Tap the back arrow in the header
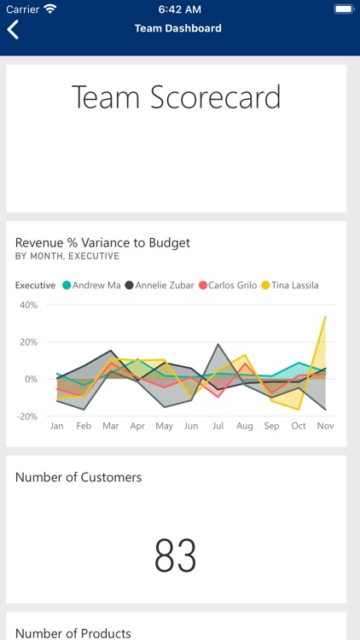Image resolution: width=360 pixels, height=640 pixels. [x=14, y=29]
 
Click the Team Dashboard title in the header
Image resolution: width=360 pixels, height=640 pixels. [x=177, y=28]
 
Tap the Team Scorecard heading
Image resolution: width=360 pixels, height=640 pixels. [x=176, y=97]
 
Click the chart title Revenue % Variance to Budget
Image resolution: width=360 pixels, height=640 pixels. [x=102, y=242]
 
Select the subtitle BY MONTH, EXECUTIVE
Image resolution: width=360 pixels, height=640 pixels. [x=67, y=256]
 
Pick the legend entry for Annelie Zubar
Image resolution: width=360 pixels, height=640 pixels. [x=160, y=285]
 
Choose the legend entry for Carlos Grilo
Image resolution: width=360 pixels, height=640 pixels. [x=227, y=285]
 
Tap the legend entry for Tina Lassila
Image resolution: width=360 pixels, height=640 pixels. [x=289, y=285]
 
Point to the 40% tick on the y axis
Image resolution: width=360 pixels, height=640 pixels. [x=28, y=305]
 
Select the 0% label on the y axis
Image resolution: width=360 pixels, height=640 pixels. [x=31, y=379]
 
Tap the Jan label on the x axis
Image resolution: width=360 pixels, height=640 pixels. [x=57, y=426]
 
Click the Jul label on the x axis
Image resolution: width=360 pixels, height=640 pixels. [x=218, y=426]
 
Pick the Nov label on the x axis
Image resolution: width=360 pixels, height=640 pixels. [x=325, y=426]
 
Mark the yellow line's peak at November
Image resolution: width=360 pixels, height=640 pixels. [x=325, y=317]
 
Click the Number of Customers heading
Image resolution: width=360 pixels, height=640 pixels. [x=78, y=477]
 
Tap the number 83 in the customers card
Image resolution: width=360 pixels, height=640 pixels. [x=176, y=556]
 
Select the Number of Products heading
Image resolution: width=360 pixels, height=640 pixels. [x=73, y=632]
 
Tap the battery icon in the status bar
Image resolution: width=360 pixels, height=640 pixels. [x=343, y=9]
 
